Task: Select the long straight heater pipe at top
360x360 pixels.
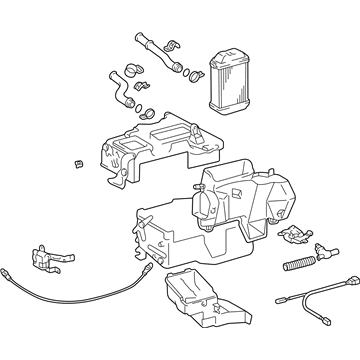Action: point(156,50)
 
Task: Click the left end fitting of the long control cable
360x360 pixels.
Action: point(9,271)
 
